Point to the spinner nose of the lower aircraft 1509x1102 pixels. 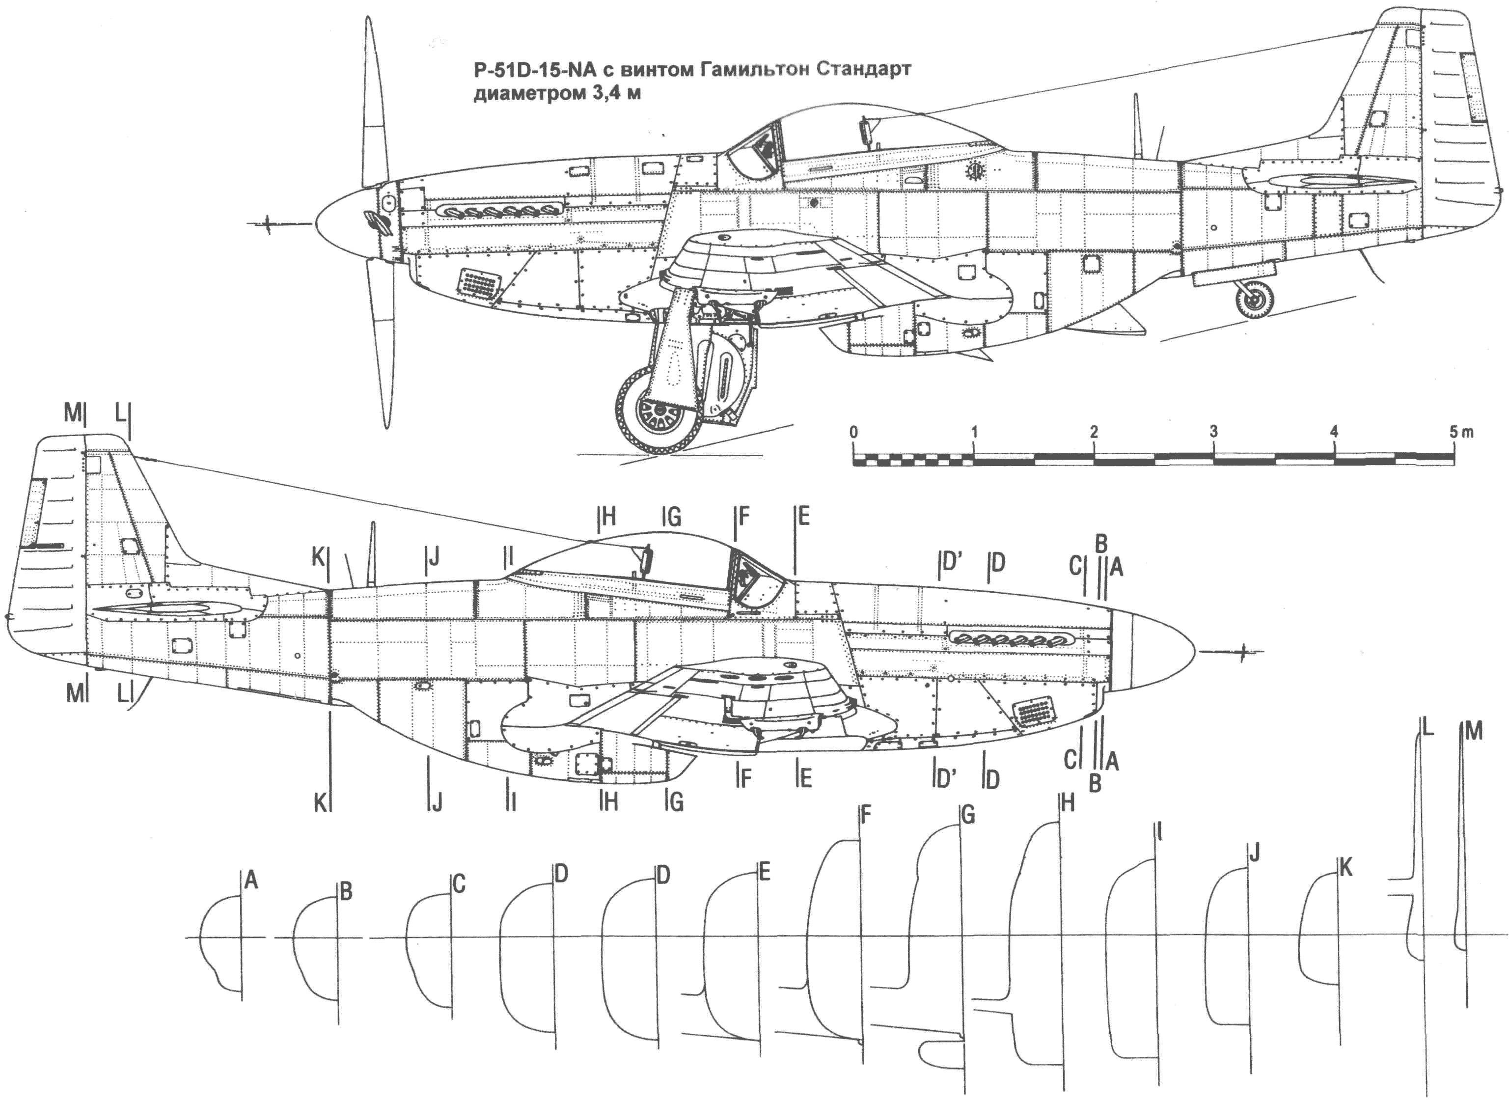point(1154,650)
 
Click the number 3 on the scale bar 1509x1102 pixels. point(1213,432)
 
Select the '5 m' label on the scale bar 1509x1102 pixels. point(1461,432)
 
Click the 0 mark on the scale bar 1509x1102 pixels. point(854,432)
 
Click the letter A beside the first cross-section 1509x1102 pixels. point(251,880)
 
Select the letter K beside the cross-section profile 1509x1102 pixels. point(1345,868)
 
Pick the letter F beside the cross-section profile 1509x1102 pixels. point(866,815)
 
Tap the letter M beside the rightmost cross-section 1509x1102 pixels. point(1474,732)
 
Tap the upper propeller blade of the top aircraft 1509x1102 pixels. point(374,100)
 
